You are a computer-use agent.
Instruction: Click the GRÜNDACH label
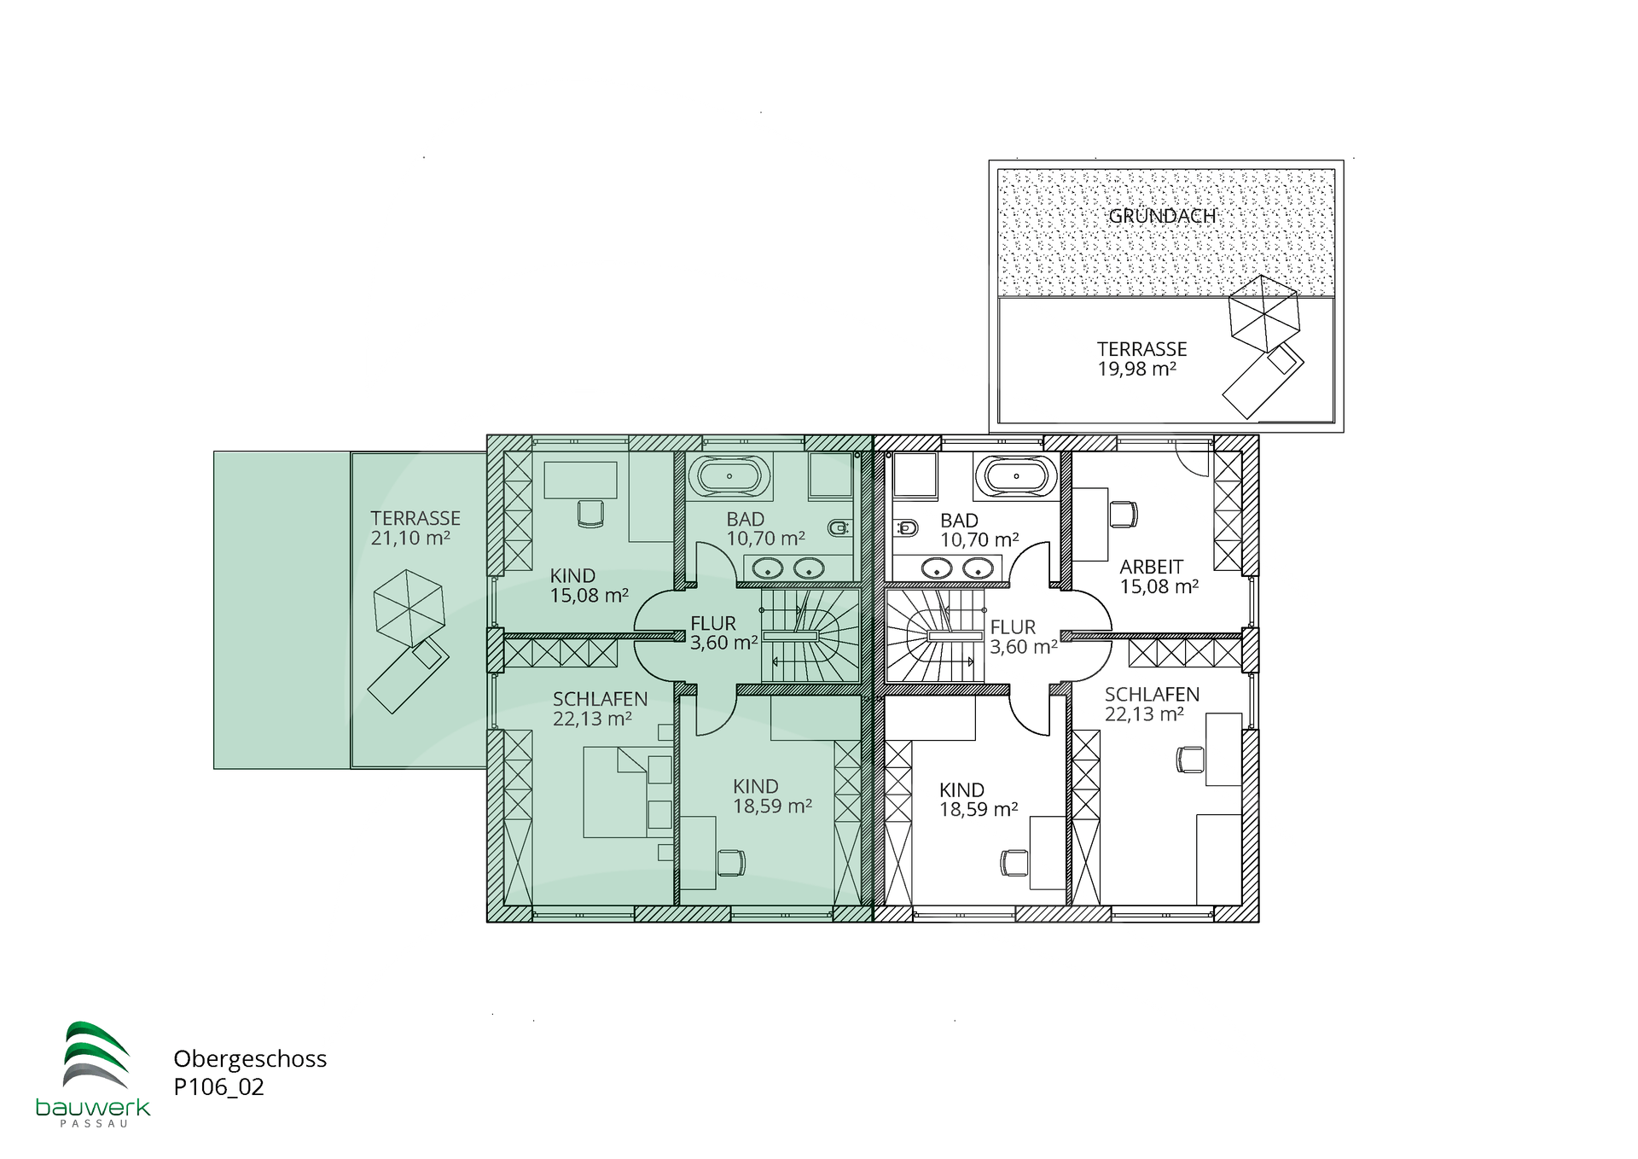click(1162, 216)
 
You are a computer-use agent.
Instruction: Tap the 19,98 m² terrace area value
click(1136, 370)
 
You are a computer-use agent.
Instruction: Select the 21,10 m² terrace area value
click(410, 539)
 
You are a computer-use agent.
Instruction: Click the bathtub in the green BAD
click(729, 476)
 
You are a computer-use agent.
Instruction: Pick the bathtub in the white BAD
click(1016, 476)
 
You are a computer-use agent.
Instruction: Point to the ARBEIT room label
click(1152, 567)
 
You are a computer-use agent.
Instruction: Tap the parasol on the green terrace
click(409, 608)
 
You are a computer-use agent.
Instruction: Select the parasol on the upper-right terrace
click(1263, 312)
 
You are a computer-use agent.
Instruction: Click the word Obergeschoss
click(250, 1059)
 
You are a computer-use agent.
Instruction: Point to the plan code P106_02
click(218, 1087)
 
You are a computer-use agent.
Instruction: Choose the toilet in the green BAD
click(840, 527)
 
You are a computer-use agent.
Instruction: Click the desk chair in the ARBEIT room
click(1124, 515)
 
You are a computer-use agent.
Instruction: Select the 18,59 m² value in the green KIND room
click(772, 807)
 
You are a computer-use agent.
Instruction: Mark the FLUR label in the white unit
click(1013, 627)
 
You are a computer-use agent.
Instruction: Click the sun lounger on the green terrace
click(409, 676)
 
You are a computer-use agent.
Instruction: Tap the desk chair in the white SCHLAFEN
click(1190, 760)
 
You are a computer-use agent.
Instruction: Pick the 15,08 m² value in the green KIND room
click(589, 596)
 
